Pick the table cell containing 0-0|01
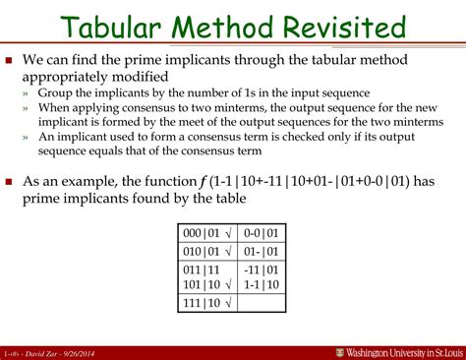[x=261, y=233]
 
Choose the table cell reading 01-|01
[x=261, y=251]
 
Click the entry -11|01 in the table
[x=261, y=269]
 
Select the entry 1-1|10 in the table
[x=261, y=283]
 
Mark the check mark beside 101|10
[x=227, y=284]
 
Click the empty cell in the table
[x=261, y=303]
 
